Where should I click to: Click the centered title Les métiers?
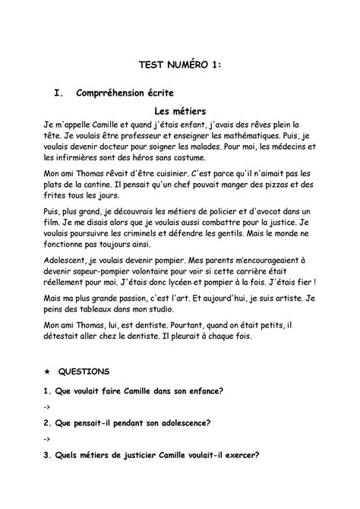click(x=180, y=110)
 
